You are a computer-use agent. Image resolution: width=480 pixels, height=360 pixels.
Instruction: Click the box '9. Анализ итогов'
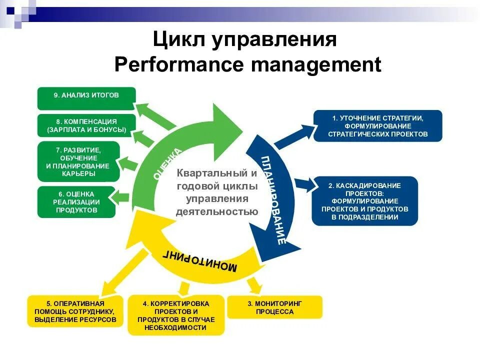tap(86, 98)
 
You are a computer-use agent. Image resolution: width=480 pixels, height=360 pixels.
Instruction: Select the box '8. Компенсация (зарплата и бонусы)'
tap(86, 125)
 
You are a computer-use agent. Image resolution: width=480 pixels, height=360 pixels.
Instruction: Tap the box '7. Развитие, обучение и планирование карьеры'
tap(78, 161)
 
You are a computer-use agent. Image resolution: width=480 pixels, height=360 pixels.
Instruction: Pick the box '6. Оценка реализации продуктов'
tap(76, 202)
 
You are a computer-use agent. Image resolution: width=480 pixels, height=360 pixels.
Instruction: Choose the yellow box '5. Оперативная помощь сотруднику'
tap(75, 311)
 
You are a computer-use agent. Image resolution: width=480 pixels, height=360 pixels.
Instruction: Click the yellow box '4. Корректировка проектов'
tap(175, 315)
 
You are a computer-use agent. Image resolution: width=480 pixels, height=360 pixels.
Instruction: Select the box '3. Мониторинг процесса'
tap(274, 307)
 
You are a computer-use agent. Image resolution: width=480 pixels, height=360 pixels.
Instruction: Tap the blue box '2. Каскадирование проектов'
tap(364, 201)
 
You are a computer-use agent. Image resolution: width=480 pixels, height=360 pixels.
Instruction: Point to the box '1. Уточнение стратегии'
tap(377, 125)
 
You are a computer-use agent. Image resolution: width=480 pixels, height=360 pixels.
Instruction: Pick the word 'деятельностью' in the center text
tap(216, 211)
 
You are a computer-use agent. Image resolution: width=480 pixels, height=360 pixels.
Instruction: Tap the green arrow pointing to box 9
tap(154, 114)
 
